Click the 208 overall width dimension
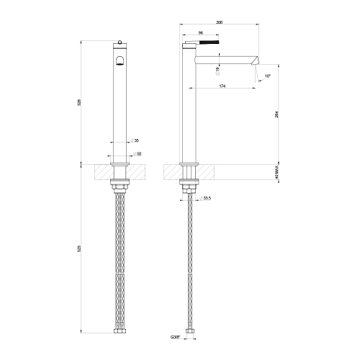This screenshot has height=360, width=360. pyautogui.click(x=219, y=22)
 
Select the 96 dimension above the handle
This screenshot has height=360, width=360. pyautogui.click(x=201, y=33)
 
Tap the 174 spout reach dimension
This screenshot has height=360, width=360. pyautogui.click(x=222, y=86)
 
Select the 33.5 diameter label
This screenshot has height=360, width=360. pyautogui.click(x=207, y=197)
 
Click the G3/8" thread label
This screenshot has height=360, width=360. pyautogui.click(x=175, y=336)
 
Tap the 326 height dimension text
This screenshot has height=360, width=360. pyautogui.click(x=79, y=102)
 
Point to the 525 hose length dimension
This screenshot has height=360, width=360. pyautogui.click(x=79, y=249)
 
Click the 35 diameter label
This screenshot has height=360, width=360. pyautogui.click(x=135, y=141)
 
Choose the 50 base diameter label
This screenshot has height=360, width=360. pyautogui.click(x=137, y=153)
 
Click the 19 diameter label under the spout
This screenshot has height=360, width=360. pyautogui.click(x=219, y=68)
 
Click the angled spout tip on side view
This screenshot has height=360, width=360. pyautogui.click(x=255, y=61)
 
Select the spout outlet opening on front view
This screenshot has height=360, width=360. pyautogui.click(x=120, y=60)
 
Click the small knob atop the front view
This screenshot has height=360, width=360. pyautogui.click(x=120, y=42)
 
